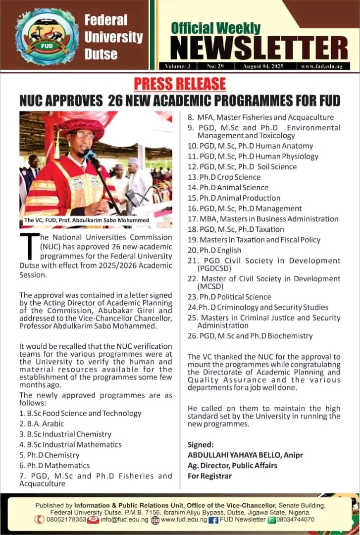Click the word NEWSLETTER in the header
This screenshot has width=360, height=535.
point(259,49)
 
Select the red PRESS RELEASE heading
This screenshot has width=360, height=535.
point(180,84)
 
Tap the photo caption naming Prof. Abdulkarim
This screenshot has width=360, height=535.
point(87,220)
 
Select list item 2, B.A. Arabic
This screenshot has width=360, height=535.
point(42,424)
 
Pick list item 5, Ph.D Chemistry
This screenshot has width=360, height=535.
point(50,455)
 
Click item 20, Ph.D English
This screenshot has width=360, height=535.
point(214,250)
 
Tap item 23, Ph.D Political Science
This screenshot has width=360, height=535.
point(229,297)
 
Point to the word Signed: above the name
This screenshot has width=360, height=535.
point(201,444)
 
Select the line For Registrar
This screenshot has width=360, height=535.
point(209,476)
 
